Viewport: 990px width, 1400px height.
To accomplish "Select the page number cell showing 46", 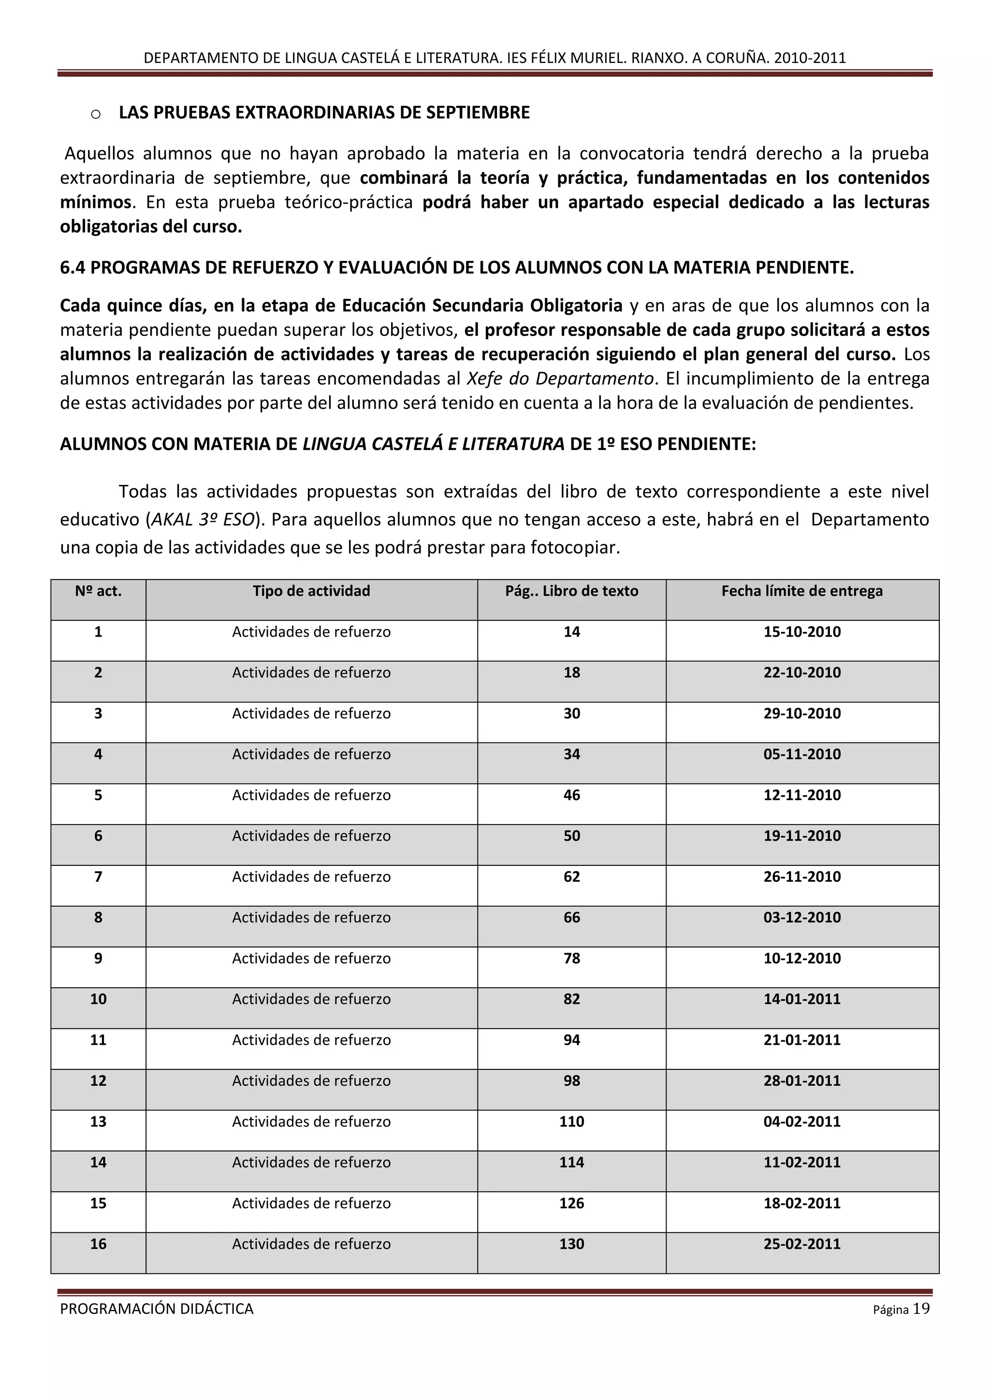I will pos(571,795).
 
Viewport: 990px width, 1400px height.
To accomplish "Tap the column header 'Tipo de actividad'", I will pos(311,591).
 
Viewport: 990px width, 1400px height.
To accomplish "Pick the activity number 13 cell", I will pos(98,1122).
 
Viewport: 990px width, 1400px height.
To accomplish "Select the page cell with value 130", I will pos(571,1244).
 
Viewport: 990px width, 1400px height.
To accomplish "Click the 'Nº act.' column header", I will pos(98,591).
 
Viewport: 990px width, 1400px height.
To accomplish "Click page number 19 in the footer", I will pos(921,1309).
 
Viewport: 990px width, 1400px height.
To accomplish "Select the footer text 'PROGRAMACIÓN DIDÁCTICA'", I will pos(157,1309).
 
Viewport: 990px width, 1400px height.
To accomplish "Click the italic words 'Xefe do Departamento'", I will pos(560,379).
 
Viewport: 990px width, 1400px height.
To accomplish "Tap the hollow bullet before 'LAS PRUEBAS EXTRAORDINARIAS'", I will pos(96,114).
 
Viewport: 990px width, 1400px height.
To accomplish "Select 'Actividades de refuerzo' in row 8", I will pos(311,918).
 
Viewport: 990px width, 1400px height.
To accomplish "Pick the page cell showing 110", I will pos(571,1122).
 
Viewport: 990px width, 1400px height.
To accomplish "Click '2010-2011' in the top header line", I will pos(810,58).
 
